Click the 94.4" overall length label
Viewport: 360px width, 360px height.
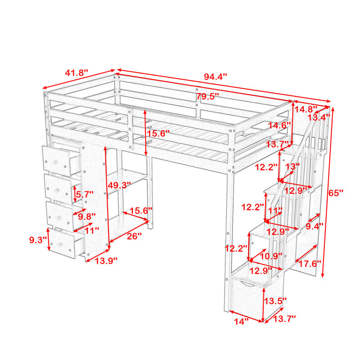(x=215, y=76)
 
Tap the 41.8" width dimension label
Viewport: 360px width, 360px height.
(x=76, y=73)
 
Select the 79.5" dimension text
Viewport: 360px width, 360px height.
(x=207, y=96)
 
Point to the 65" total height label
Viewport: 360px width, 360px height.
(x=335, y=193)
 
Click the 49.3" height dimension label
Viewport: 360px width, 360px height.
(x=119, y=185)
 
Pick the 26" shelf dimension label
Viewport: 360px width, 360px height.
(x=134, y=236)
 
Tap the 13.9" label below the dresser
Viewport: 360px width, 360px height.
(x=106, y=261)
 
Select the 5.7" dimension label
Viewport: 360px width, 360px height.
(x=85, y=194)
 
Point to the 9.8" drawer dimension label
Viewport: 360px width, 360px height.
(x=86, y=216)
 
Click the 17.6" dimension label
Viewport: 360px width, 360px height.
(x=309, y=264)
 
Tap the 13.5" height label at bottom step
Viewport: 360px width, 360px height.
(x=275, y=301)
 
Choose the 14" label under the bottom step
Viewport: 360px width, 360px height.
(x=241, y=321)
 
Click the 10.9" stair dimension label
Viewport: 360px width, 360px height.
(x=271, y=256)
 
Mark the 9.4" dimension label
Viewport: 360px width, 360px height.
(x=315, y=226)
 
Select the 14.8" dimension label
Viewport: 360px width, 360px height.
(x=306, y=109)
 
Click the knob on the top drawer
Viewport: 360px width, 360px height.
(x=55, y=162)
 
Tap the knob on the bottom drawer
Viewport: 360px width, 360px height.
(x=60, y=244)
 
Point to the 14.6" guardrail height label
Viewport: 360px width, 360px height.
(x=279, y=126)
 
